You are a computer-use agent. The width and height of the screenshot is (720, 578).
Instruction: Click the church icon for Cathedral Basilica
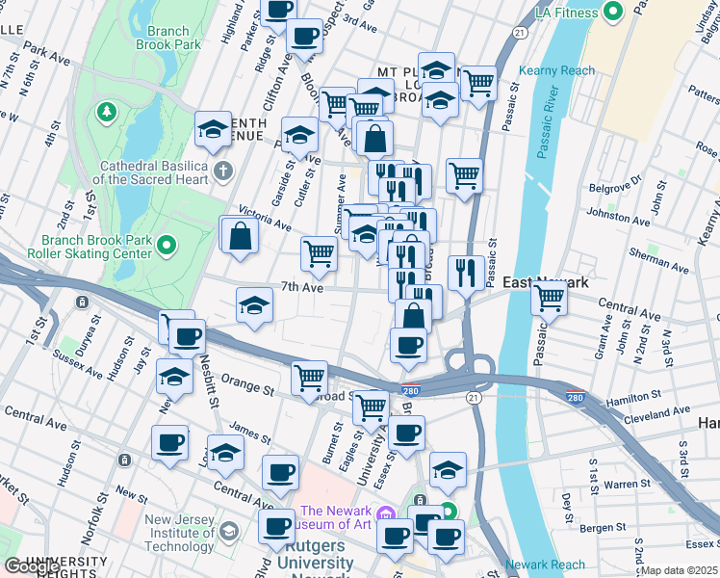pos(223,172)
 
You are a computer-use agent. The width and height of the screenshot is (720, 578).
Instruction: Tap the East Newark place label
pos(545,281)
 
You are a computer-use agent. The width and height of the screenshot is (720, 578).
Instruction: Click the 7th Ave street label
pos(301,287)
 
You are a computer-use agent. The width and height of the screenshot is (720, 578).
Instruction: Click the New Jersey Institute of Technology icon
pos(229,531)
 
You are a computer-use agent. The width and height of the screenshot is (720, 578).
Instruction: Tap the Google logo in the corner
pos(33,566)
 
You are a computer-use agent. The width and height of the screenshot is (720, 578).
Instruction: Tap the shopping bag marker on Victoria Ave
pos(241,233)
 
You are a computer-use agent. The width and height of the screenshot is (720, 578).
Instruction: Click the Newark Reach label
pos(545,565)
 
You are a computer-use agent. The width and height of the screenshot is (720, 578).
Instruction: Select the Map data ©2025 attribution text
pos(680,570)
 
